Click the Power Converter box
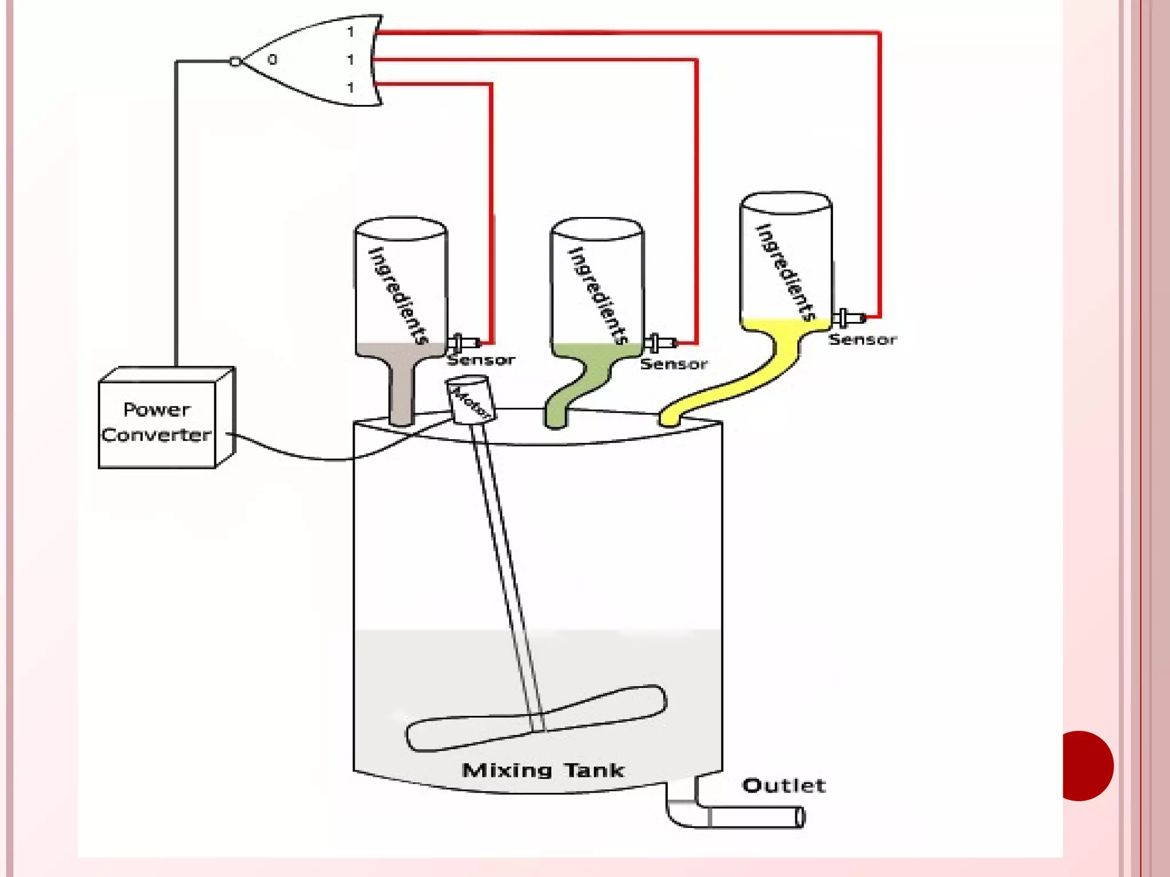157,423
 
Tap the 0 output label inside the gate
273,59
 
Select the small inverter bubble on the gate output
235,61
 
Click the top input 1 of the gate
351,32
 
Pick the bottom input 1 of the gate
351,87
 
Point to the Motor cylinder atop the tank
471,399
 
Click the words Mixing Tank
542,771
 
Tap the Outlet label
784,786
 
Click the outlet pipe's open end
800,817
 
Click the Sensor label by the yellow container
862,340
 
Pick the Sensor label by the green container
674,364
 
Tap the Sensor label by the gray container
480,360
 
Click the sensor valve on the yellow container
848,318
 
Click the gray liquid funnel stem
401,394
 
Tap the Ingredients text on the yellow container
786,271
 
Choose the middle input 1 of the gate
351,59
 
